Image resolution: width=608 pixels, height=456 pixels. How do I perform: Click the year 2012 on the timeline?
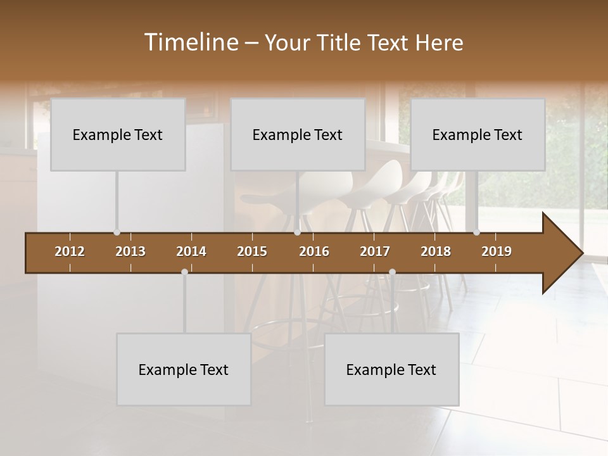click(70, 251)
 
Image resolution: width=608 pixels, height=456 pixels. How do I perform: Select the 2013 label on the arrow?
click(130, 251)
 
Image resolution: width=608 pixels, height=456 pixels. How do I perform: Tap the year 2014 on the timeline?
click(191, 251)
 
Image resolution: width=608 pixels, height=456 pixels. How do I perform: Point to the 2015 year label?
click(252, 251)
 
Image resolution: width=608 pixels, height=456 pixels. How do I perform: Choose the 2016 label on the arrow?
click(314, 251)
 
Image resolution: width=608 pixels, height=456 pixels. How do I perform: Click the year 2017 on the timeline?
click(375, 251)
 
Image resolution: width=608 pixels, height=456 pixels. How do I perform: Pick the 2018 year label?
click(436, 251)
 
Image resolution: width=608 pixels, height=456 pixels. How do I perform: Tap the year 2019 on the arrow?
click(497, 251)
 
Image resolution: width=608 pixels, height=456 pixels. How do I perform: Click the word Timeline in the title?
click(191, 42)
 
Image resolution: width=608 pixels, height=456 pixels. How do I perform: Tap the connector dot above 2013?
click(117, 232)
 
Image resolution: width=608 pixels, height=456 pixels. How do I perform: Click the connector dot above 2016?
click(297, 232)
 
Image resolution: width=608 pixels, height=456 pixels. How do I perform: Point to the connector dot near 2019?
click(476, 232)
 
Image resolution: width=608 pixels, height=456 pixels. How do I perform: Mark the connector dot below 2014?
click(184, 272)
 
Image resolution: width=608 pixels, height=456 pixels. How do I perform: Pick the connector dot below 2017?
click(392, 272)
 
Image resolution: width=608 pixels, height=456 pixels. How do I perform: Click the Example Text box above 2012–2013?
click(118, 134)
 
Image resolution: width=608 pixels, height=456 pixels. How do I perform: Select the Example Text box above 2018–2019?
click(478, 134)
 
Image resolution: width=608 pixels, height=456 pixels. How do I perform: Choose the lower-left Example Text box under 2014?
click(184, 369)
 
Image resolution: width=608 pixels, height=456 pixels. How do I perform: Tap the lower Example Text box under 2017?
click(391, 369)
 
